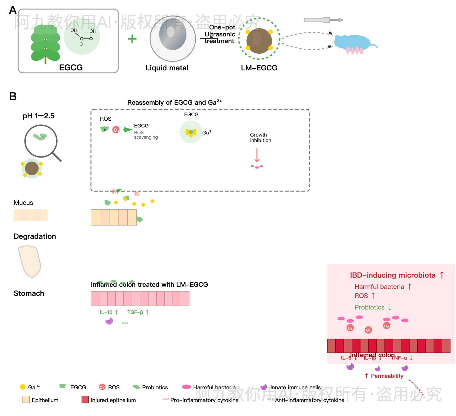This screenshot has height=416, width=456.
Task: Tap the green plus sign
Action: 132,39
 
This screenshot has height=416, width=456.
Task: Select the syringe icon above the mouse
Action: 323,20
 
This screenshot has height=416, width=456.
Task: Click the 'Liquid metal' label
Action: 167,68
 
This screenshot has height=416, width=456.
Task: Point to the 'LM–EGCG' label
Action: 259,68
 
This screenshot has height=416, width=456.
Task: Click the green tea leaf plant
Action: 45,44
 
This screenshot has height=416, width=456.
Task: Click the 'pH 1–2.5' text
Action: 39,116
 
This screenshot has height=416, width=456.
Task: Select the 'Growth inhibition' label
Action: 260,137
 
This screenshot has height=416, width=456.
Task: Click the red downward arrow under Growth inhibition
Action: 257,155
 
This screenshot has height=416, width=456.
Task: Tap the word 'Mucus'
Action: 23,203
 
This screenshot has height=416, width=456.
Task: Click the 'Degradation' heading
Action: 35,236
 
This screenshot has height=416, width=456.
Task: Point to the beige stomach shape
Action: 30,261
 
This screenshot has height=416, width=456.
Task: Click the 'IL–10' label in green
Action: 106,312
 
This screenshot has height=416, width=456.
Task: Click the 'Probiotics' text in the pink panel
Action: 369,307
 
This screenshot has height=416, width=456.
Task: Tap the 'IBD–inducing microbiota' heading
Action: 393,275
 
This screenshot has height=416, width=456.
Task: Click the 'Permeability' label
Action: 387,376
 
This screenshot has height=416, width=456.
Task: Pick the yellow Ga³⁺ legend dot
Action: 23,387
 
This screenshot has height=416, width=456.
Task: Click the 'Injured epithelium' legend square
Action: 85,400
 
